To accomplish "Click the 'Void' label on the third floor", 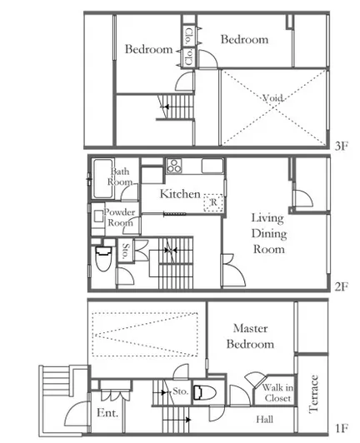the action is (x=272, y=98).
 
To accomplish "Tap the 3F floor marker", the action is (x=342, y=146).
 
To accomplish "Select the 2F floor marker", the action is (x=342, y=286).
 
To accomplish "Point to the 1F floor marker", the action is (x=342, y=428).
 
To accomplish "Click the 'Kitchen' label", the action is (x=180, y=194).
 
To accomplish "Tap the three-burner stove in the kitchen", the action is (x=174, y=166).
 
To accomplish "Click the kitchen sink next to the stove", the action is (x=212, y=166).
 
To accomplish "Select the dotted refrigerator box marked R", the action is (x=213, y=202).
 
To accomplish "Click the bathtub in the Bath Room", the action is (x=103, y=178).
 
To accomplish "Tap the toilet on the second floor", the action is (x=102, y=258).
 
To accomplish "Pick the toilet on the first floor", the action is (x=205, y=393).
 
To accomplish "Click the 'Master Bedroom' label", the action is (x=250, y=336).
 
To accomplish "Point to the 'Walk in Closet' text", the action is (x=277, y=393).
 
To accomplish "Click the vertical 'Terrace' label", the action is (x=313, y=394).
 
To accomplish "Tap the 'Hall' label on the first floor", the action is (x=265, y=420).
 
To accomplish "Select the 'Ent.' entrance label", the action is (x=107, y=413).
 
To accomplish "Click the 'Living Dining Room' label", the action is (x=268, y=234).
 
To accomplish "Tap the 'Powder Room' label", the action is (x=120, y=217).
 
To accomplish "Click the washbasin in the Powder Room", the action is (x=98, y=217).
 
